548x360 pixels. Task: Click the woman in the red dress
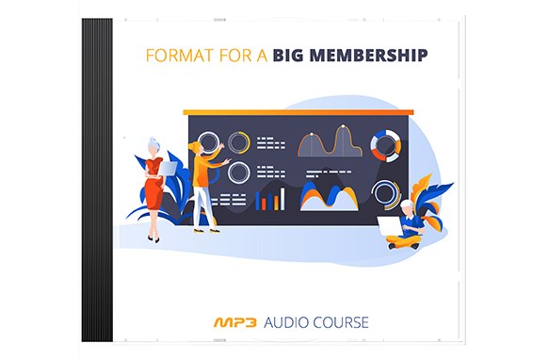coord(153,188)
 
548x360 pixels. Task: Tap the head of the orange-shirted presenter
coord(195,148)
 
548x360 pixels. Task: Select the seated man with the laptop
coord(408,226)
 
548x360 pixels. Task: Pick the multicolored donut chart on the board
coord(384,144)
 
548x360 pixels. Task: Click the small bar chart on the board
coord(270,198)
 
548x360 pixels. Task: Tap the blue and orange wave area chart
coord(329,196)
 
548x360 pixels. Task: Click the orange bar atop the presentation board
coord(298,111)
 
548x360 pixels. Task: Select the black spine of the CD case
coord(97,179)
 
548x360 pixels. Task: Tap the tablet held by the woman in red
coord(168,168)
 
